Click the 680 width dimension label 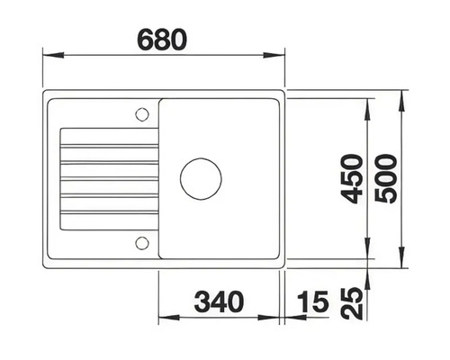[x=162, y=40]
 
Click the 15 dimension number [x=312, y=302]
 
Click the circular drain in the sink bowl [x=200, y=177]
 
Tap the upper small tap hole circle [x=140, y=113]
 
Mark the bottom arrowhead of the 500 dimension [x=400, y=263]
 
